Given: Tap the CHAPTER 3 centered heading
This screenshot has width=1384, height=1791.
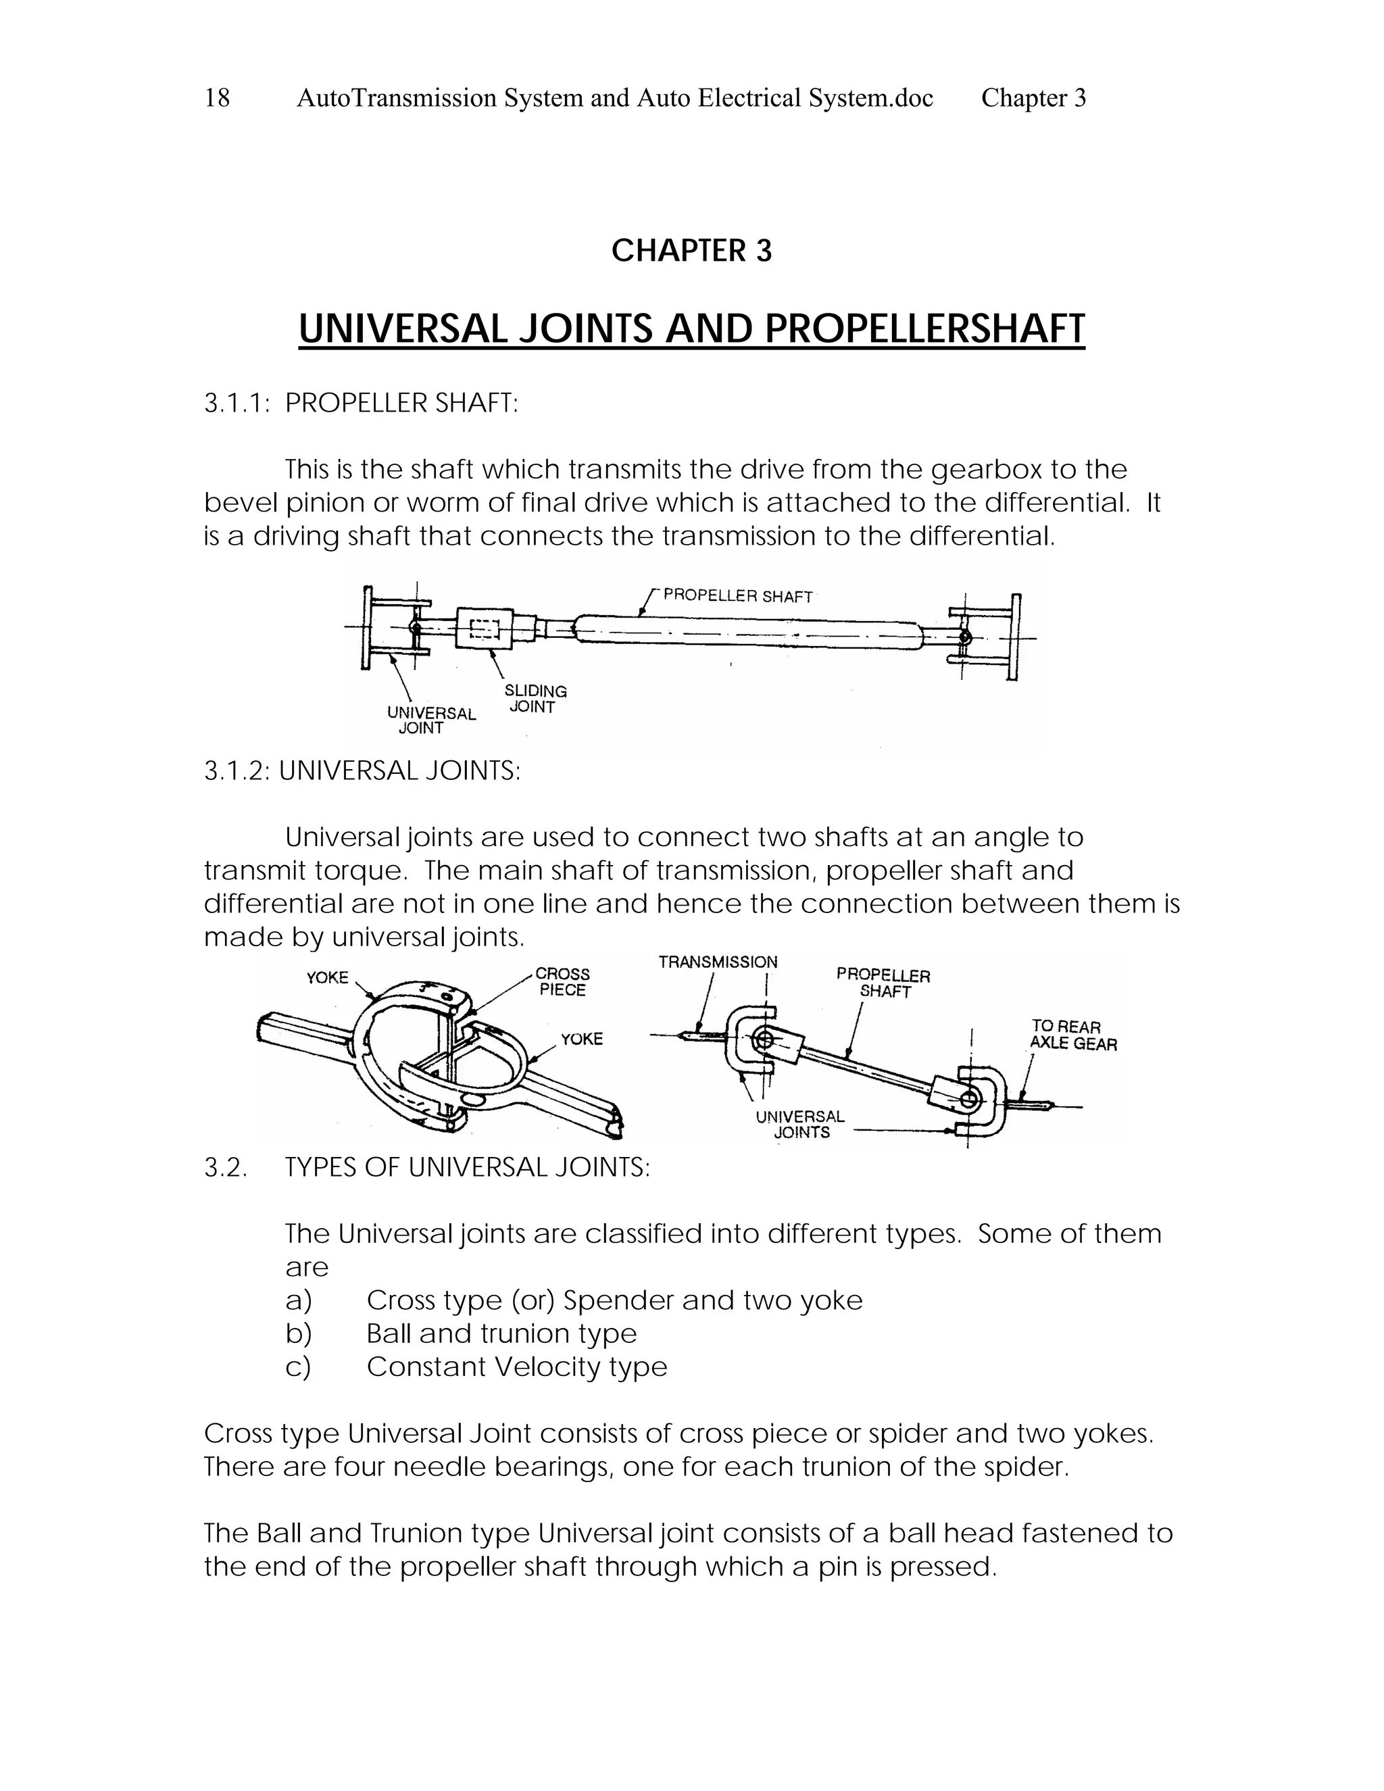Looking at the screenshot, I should [x=691, y=251].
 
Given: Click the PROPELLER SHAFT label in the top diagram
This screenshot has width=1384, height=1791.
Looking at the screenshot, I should [x=737, y=596].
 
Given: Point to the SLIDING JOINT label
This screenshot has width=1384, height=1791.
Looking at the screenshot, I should [x=535, y=699].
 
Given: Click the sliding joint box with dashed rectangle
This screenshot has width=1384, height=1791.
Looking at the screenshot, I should [x=485, y=630].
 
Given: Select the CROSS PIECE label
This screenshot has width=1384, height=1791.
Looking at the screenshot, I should [x=562, y=981].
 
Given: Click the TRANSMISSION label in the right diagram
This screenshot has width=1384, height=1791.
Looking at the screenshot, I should [x=718, y=962].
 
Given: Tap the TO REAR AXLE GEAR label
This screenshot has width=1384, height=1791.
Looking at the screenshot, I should [x=1072, y=1035].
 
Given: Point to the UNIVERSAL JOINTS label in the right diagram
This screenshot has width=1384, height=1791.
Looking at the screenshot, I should [x=800, y=1125].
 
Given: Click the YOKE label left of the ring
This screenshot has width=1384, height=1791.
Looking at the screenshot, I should [x=327, y=977].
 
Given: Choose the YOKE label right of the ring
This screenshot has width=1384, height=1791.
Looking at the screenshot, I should [x=581, y=1039].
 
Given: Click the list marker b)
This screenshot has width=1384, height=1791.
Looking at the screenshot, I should [x=299, y=1334].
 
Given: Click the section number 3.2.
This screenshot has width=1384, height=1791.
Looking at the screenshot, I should [x=224, y=1167].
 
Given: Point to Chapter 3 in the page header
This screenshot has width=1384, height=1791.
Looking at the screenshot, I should [x=1033, y=99].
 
